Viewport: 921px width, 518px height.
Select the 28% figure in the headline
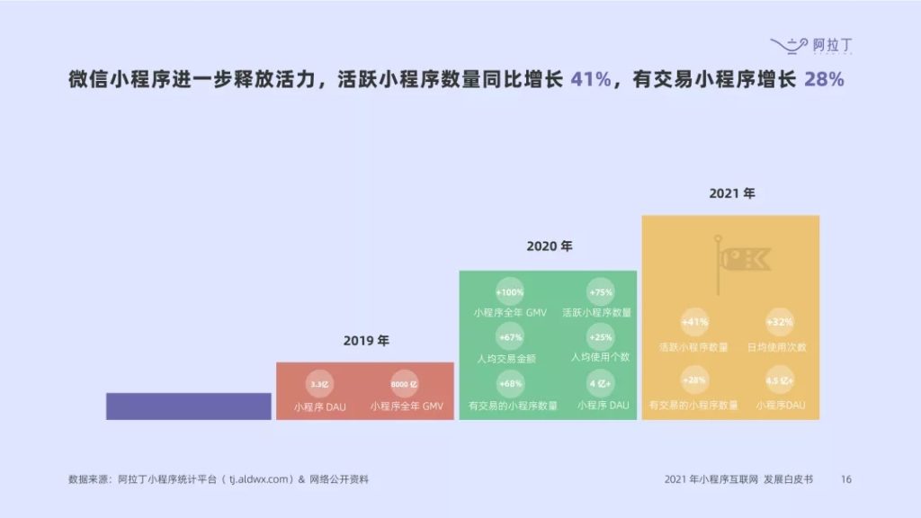(x=824, y=79)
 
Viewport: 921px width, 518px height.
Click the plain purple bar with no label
(x=188, y=406)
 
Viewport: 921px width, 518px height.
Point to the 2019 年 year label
(x=366, y=341)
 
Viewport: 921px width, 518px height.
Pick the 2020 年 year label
(x=549, y=246)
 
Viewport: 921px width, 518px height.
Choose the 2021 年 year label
(x=731, y=192)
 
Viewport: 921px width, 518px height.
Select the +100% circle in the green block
(x=509, y=292)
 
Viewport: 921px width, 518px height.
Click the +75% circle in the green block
(x=600, y=292)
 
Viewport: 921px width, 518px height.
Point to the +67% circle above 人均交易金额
(x=509, y=337)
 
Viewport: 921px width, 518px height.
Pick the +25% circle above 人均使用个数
(x=600, y=337)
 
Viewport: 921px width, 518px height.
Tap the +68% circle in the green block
(x=509, y=384)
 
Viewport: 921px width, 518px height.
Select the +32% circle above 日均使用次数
(x=780, y=322)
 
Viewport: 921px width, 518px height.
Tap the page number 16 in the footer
(x=845, y=479)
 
